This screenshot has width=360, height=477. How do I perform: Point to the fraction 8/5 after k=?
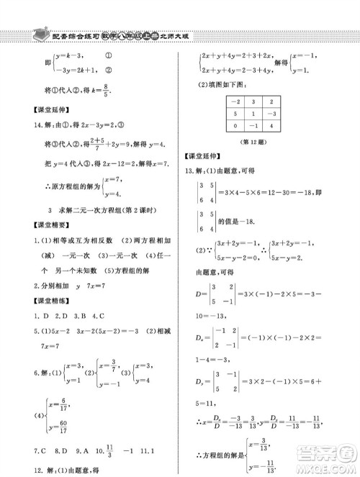[x=108, y=91]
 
